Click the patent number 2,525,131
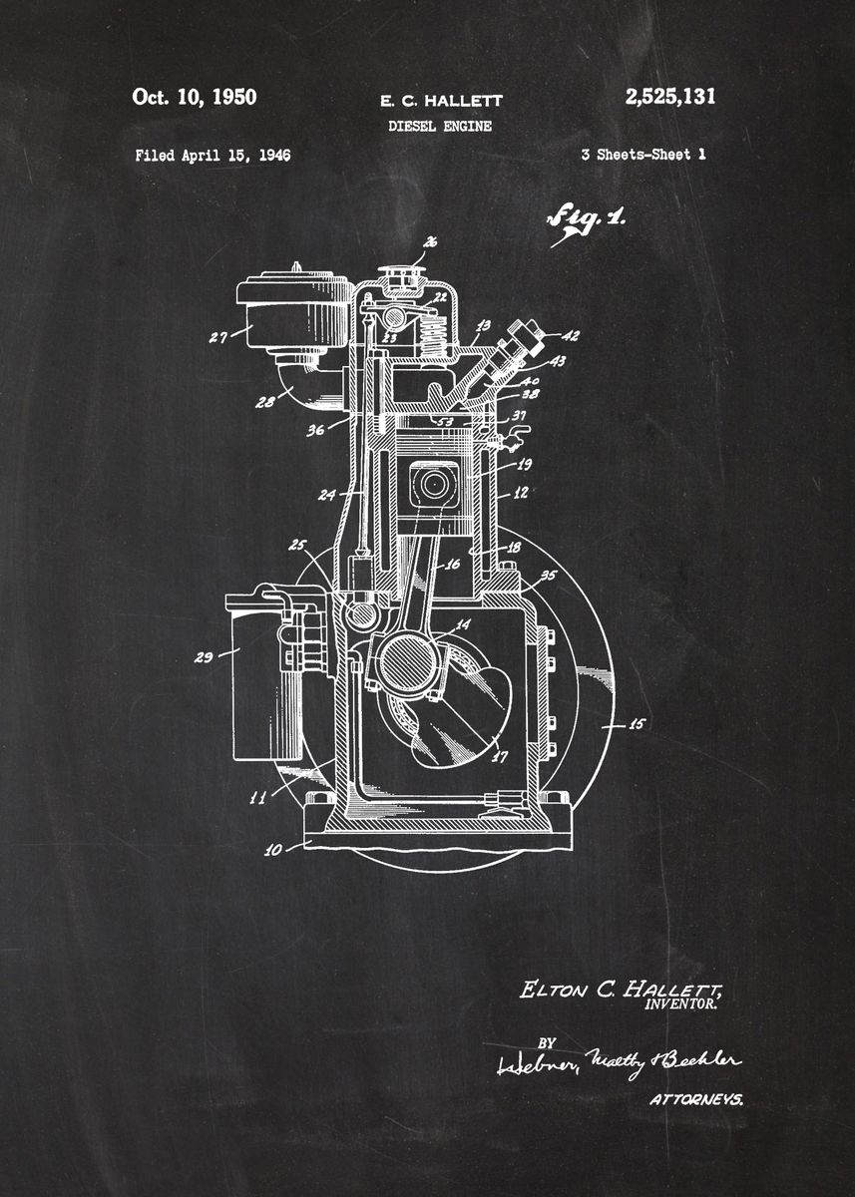(669, 97)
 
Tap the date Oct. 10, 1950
(194, 97)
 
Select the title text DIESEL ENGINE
(439, 127)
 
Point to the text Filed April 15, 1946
(213, 155)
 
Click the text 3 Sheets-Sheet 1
(642, 155)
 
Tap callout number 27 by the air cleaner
(218, 337)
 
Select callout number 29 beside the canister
(203, 656)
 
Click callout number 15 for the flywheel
(636, 726)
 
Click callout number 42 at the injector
(570, 336)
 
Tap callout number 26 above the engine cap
(430, 241)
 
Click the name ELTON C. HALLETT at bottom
(620, 990)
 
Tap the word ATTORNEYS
(695, 1100)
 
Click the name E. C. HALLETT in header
(441, 101)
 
